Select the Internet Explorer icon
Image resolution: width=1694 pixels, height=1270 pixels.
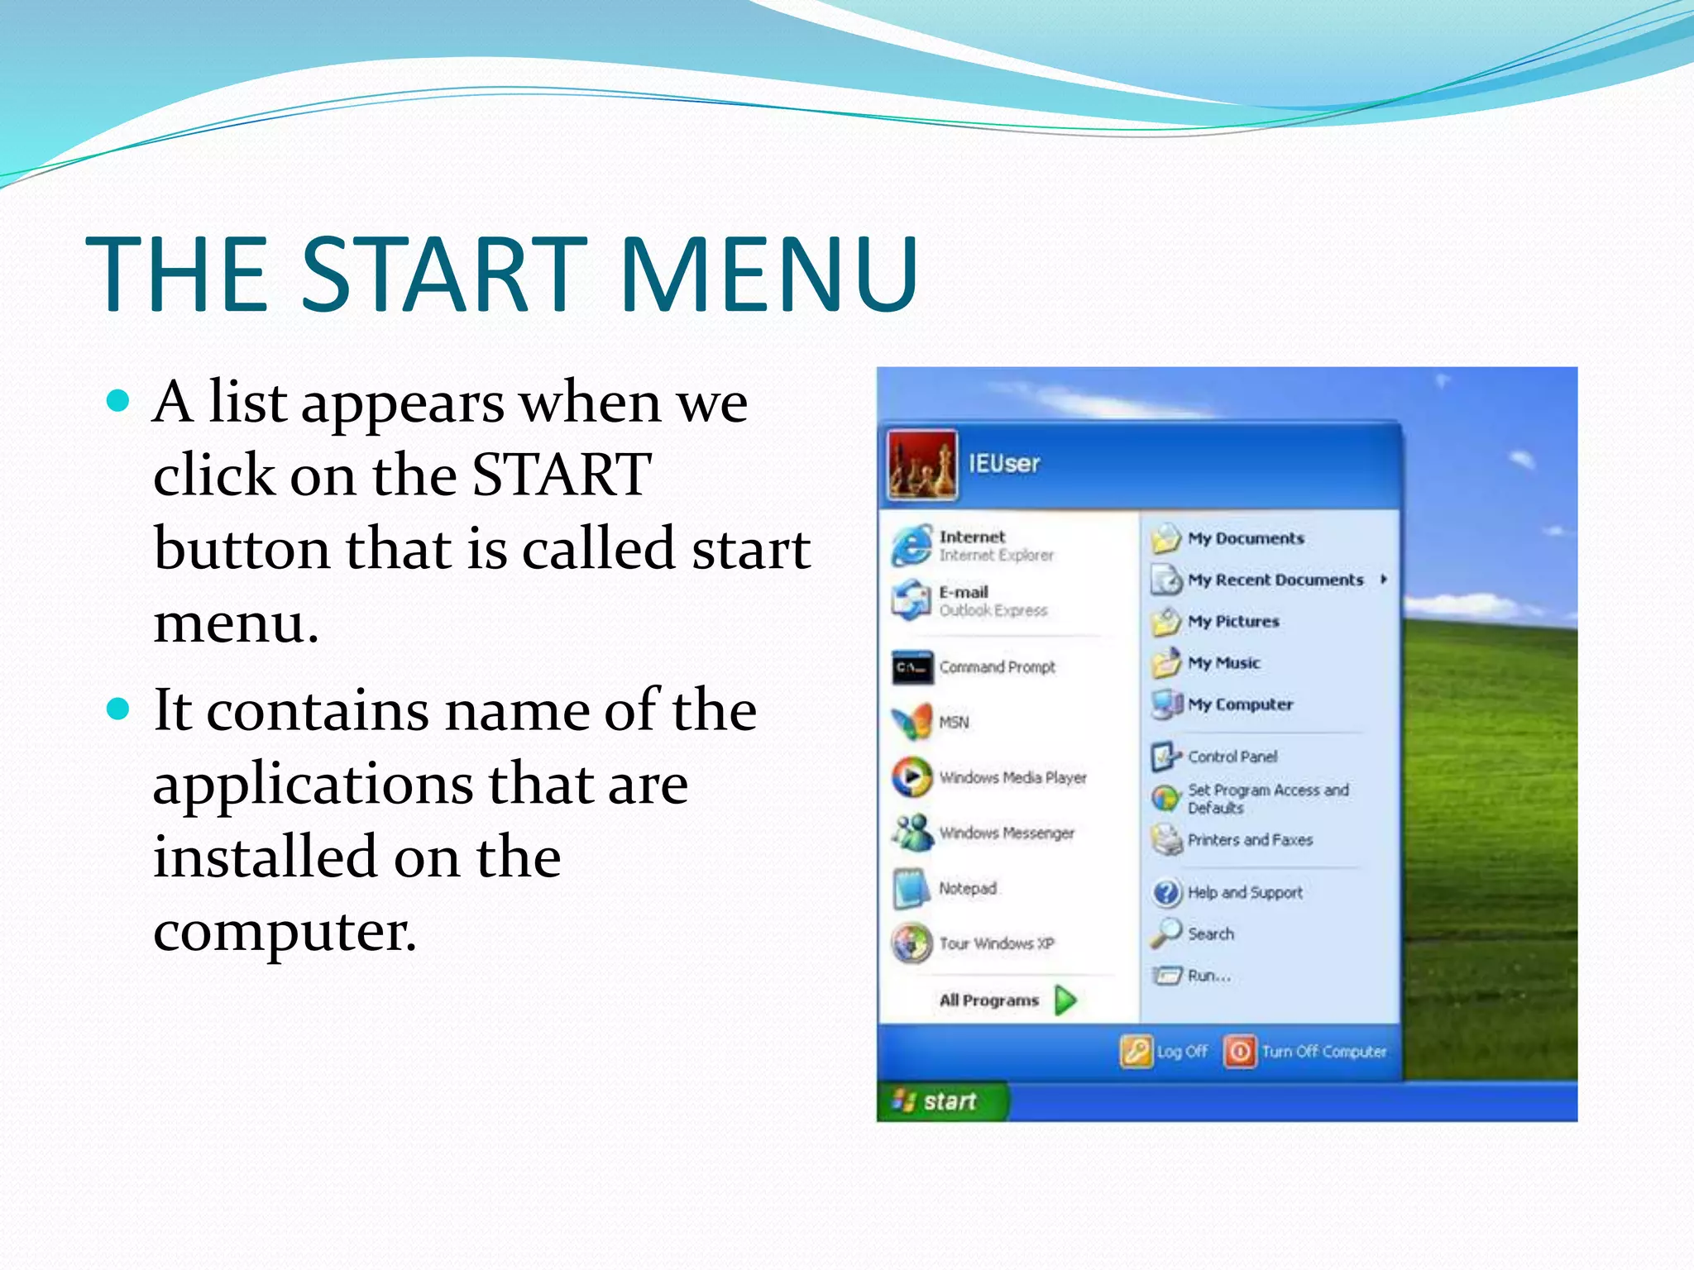click(912, 546)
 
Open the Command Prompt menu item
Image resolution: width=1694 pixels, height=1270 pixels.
click(997, 667)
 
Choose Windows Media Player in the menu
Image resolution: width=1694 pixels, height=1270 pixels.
click(1012, 777)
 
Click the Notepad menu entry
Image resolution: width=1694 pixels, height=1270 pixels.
click(967, 888)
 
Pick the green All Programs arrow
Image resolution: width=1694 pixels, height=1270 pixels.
click(1066, 1000)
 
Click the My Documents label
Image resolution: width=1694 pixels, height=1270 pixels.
click(1246, 538)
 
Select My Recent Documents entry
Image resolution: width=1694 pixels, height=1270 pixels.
click(1275, 580)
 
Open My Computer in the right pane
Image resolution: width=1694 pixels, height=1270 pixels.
click(1240, 704)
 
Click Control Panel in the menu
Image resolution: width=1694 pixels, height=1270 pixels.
click(1232, 757)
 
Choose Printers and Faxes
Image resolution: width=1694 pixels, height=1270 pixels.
click(1250, 840)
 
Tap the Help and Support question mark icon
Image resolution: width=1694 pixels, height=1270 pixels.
click(1166, 893)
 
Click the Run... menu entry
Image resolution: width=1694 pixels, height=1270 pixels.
click(1208, 976)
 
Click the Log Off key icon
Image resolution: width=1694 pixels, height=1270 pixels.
click(1137, 1052)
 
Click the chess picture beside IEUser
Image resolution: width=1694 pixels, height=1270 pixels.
click(922, 465)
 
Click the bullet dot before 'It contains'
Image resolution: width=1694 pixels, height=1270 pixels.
click(119, 709)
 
